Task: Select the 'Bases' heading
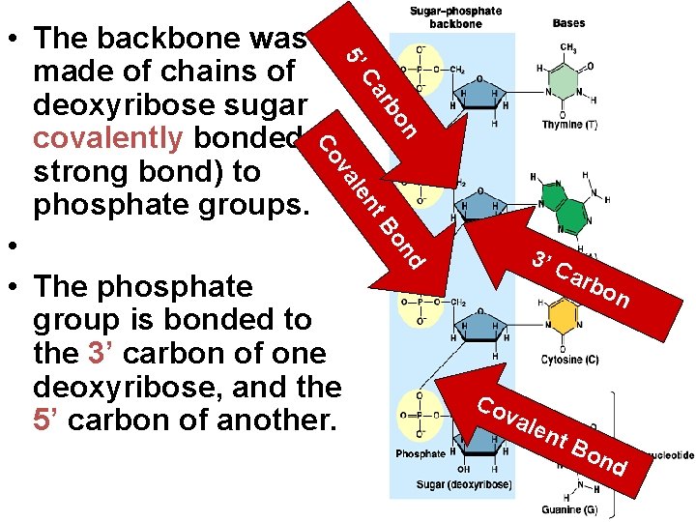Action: pos(568,22)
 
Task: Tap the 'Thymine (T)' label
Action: pos(569,125)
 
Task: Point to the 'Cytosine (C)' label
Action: pos(570,360)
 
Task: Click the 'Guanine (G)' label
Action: pos(569,509)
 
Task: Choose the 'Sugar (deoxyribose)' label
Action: pos(466,484)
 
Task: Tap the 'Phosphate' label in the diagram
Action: pos(420,453)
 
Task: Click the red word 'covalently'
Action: pos(107,138)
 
